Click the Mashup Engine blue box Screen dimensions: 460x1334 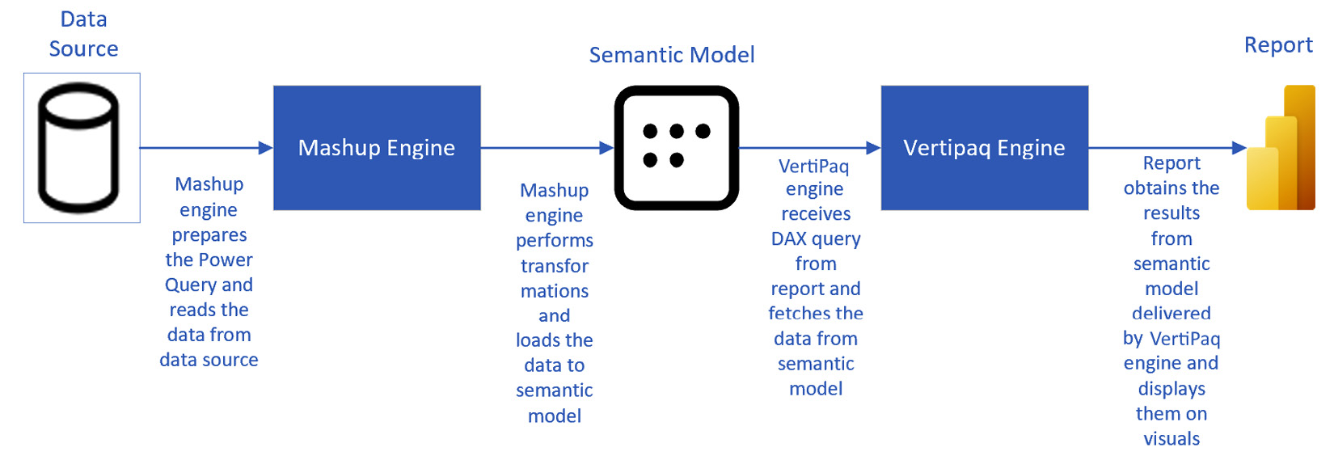377,148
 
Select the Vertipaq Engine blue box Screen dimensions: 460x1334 984,148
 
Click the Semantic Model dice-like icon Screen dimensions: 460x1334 676,148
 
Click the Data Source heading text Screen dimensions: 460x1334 83,34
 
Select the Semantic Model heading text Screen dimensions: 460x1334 671,55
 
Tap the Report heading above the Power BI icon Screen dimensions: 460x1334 1277,45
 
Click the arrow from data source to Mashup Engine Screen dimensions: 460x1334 206,148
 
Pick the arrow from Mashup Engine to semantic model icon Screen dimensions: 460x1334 547,148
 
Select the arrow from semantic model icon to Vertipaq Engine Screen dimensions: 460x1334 808,148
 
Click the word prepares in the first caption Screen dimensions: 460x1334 209,235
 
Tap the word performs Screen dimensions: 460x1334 555,241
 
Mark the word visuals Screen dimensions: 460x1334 1171,439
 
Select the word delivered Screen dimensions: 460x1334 1171,314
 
